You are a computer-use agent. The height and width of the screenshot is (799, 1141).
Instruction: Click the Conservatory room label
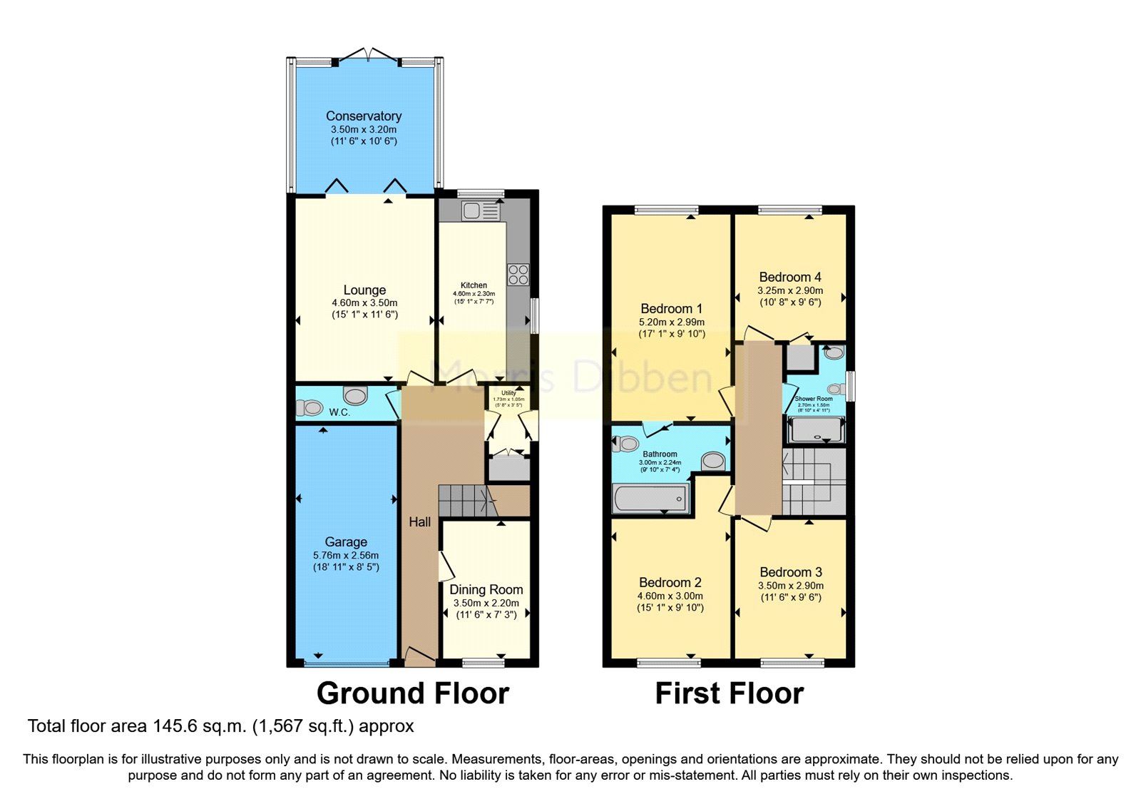point(364,116)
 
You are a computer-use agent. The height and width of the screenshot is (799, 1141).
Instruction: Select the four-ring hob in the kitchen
point(518,275)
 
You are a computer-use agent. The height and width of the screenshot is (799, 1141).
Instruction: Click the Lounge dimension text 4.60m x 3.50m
point(364,302)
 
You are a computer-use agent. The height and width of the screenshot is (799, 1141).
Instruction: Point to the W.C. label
point(339,412)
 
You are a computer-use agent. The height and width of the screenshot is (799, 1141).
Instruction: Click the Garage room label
point(346,542)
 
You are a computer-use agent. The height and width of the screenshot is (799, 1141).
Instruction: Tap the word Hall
point(419,522)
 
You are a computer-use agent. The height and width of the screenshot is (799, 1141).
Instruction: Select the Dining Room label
point(486,590)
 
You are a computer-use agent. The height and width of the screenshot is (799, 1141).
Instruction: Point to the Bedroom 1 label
point(671,309)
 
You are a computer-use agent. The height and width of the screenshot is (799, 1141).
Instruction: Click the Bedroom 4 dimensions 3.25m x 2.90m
point(790,290)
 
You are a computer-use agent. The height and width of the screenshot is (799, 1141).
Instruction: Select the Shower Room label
point(814,399)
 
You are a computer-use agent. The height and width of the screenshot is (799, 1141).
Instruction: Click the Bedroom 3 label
point(791,572)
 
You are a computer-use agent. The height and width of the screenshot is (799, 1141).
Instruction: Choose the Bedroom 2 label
point(670,583)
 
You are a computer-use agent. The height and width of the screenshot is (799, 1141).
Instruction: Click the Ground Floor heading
point(412,693)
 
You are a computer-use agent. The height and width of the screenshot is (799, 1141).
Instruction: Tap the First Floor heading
point(729,693)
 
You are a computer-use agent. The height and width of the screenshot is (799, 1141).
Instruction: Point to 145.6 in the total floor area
point(175,726)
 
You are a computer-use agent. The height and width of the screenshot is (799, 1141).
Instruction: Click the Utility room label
point(508,393)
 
